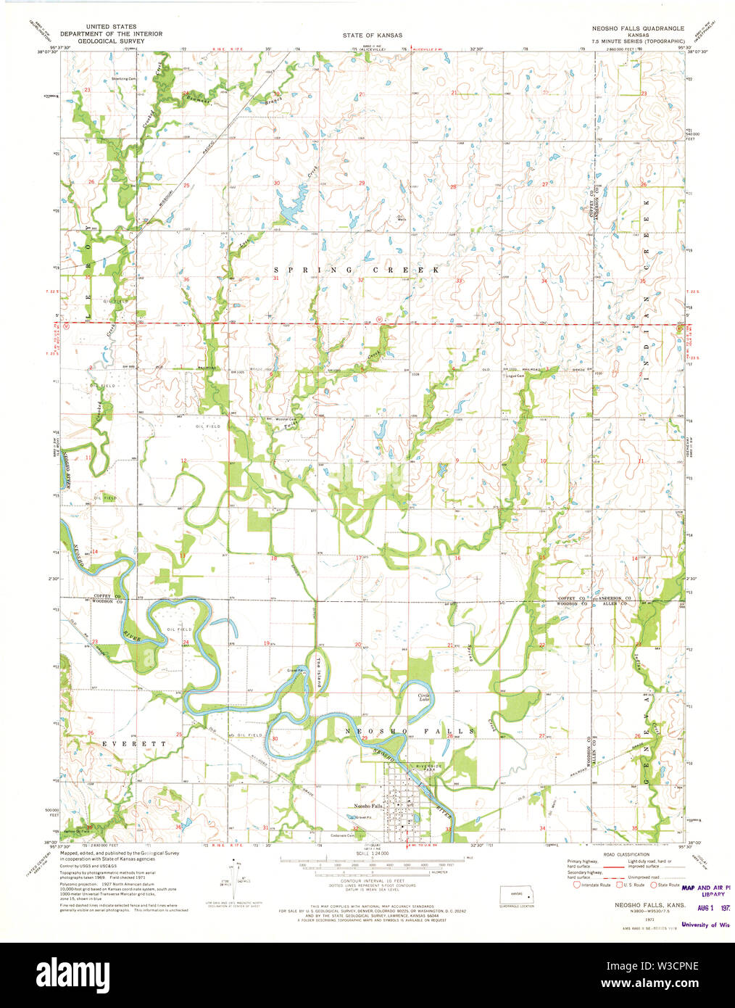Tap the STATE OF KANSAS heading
click(373, 35)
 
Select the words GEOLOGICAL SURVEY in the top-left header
click(111, 41)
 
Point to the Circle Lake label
click(425, 697)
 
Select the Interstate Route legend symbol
click(577, 884)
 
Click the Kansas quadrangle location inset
click(516, 895)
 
